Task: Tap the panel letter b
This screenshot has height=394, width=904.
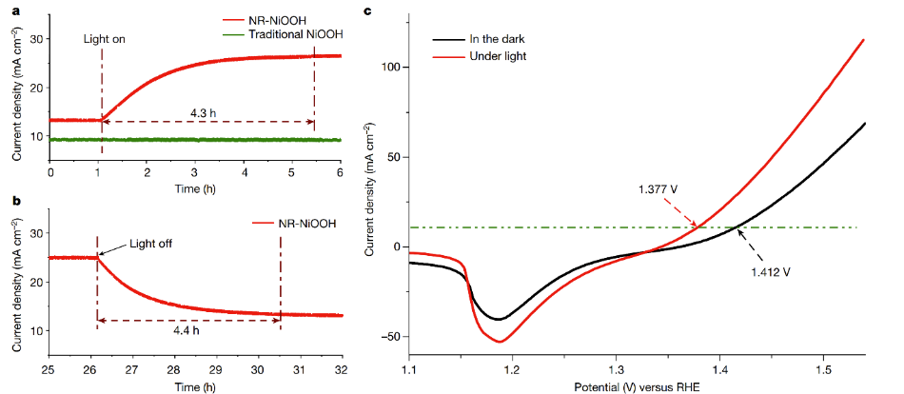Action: click(x=9, y=201)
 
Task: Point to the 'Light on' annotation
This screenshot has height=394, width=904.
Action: click(x=104, y=39)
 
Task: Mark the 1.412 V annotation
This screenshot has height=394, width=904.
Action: click(x=771, y=271)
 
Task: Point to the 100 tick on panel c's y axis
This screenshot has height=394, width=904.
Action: click(x=390, y=68)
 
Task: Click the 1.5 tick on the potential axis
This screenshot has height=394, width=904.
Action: click(x=823, y=367)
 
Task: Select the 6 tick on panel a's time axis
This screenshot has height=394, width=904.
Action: click(x=340, y=173)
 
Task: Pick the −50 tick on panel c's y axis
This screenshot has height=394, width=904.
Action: click(x=390, y=337)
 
